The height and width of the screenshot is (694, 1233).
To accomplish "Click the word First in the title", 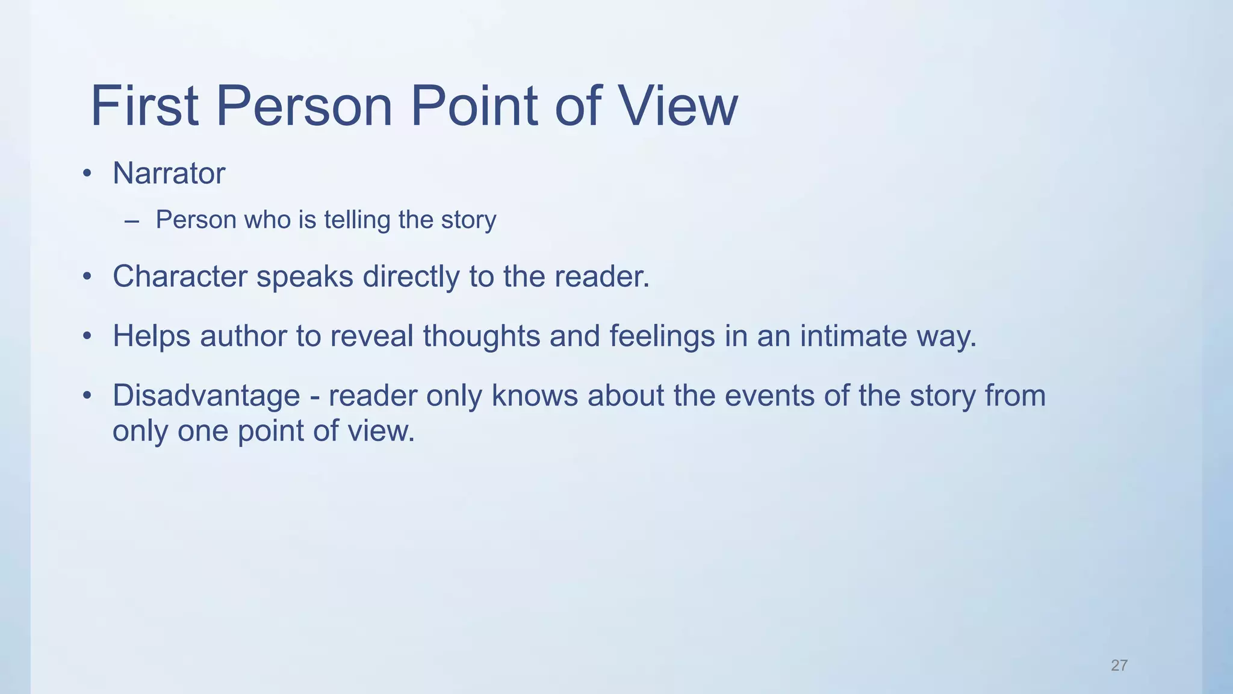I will click(144, 106).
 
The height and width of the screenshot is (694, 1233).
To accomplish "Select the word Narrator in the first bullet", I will click(169, 173).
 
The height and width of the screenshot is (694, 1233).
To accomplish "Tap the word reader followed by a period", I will click(602, 277).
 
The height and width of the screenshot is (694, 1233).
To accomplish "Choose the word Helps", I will click(151, 336).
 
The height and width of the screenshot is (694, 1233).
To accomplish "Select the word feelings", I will click(662, 336).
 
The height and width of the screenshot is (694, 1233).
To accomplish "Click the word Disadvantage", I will click(206, 396).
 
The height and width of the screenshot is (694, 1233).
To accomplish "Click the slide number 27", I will click(1119, 665).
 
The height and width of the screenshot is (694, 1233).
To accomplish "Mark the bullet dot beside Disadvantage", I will click(87, 396).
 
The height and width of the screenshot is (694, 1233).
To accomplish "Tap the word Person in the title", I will click(304, 106).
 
